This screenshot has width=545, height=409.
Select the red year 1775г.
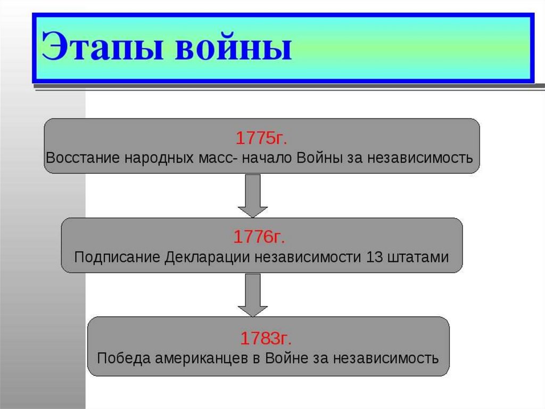click(261, 138)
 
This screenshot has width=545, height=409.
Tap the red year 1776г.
click(262, 237)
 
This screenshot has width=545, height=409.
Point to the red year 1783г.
click(266, 338)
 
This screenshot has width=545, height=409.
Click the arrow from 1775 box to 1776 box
click(253, 195)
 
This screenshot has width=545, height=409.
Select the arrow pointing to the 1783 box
click(253, 294)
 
